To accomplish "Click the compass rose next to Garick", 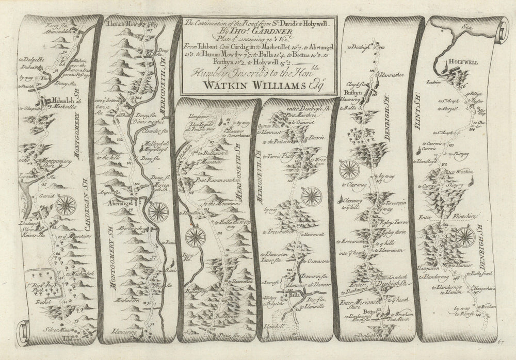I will pos(66,205).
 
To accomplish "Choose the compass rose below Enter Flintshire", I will pos(465,237).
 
